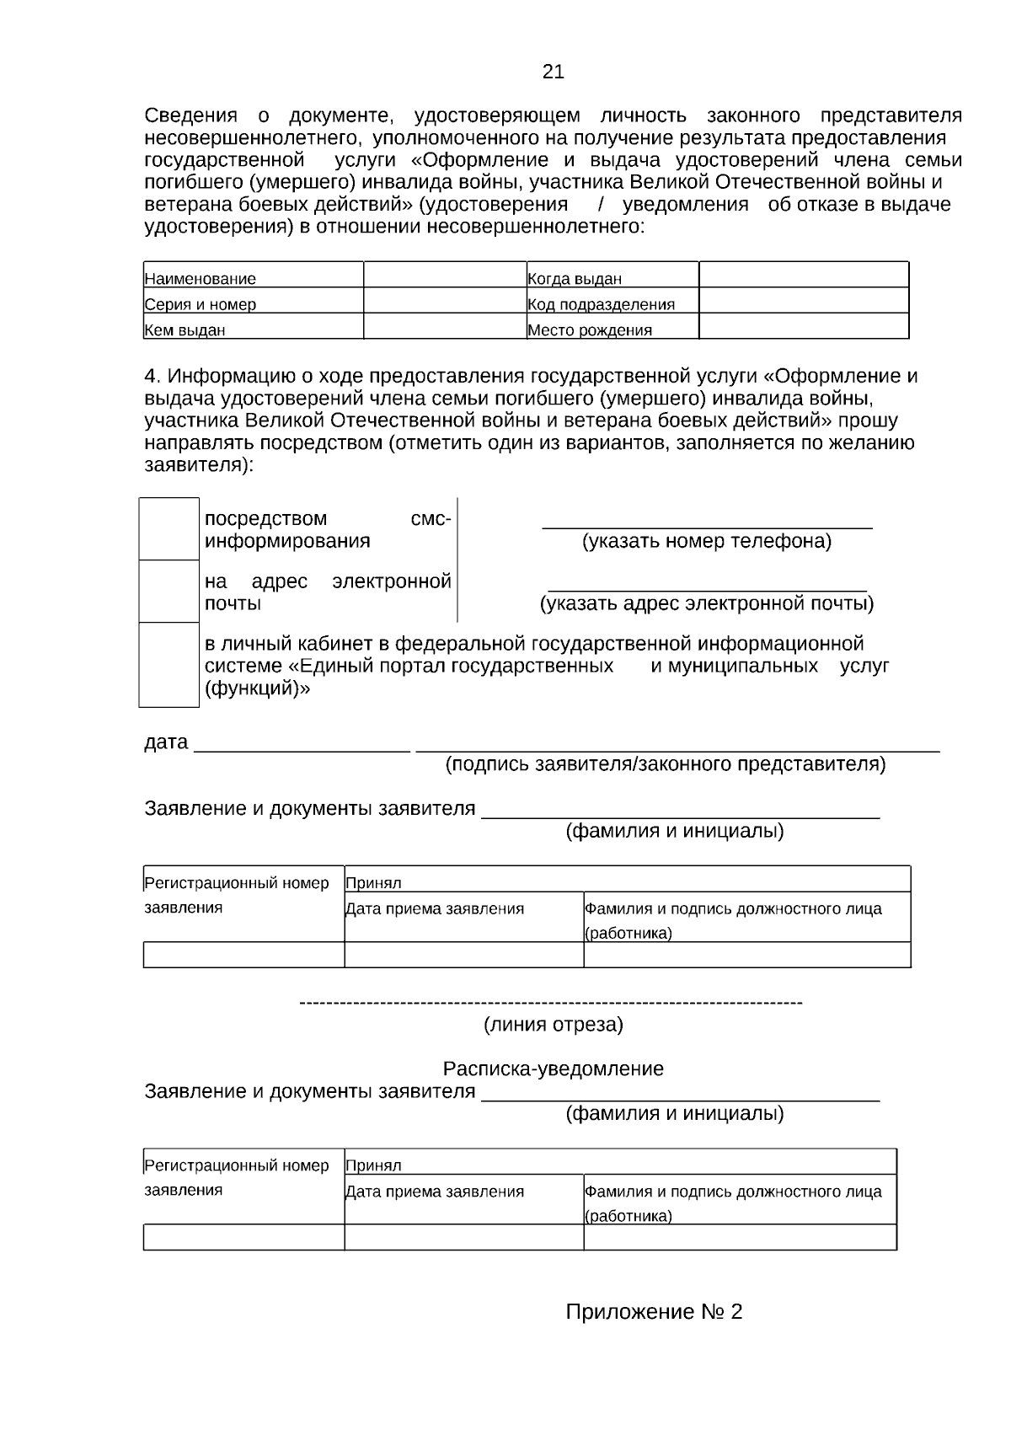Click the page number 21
point(553,72)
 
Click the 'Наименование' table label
point(201,279)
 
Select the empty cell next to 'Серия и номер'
point(445,301)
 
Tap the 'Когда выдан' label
point(575,279)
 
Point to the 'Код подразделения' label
point(601,305)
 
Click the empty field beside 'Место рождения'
point(804,326)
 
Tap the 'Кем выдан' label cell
point(185,330)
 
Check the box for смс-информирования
point(168,529)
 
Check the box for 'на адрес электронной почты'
point(168,592)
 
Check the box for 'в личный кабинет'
point(168,664)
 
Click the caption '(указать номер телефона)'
point(707,541)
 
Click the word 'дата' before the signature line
point(166,742)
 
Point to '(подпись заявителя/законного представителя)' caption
point(666,764)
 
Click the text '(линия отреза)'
point(553,1025)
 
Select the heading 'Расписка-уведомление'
point(553,1069)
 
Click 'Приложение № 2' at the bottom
point(654,1312)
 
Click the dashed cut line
point(551,1003)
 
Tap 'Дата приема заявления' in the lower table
point(435,1192)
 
